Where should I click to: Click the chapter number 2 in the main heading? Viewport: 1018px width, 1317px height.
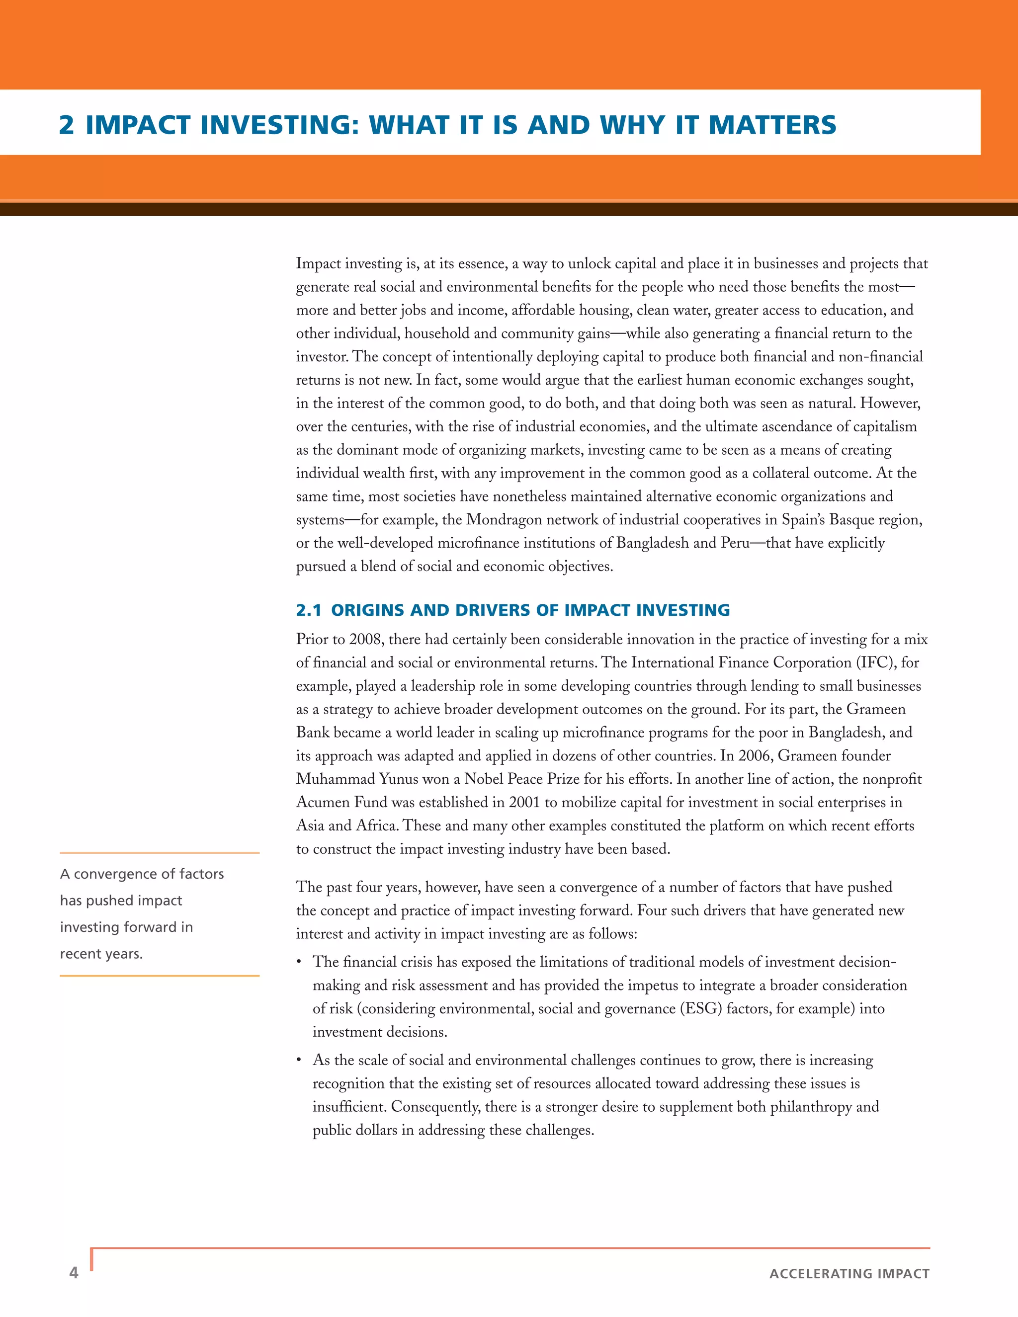(x=66, y=125)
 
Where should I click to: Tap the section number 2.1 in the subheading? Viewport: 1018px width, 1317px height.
(x=308, y=610)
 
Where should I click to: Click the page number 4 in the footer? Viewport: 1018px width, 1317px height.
(x=74, y=1272)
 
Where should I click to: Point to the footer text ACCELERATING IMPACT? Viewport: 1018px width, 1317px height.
(x=849, y=1274)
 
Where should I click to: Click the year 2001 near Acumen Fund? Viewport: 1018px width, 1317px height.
(x=523, y=803)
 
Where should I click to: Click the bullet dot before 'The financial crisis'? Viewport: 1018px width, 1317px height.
(x=299, y=963)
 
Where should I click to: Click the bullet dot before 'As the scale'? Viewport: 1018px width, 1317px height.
(x=299, y=1061)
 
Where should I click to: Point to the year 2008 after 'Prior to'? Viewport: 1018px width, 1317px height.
(x=364, y=639)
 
